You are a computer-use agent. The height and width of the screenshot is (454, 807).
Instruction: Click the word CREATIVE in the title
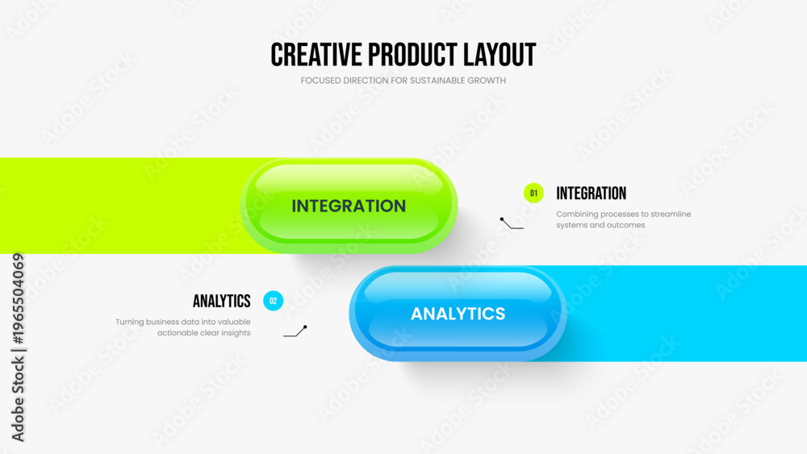pos(316,55)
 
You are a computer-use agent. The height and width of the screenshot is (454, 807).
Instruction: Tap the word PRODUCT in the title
pos(412,55)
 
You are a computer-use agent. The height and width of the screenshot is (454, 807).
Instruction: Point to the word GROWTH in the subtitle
pos(487,80)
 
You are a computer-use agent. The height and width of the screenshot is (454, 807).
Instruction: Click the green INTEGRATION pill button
pos(349,205)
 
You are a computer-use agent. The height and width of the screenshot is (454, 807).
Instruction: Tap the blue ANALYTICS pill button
pos(458,313)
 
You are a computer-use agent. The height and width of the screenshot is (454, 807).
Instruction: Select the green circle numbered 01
pos(533,194)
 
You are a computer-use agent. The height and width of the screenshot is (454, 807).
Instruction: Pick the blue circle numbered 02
pos(274,301)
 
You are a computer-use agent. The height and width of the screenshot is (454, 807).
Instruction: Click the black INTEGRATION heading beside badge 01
pos(592,194)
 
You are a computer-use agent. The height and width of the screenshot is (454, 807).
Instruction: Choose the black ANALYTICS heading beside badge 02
pos(222,301)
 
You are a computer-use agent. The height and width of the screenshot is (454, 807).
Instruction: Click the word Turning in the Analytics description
pos(129,323)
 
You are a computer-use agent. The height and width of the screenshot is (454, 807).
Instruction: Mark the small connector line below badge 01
pos(511,224)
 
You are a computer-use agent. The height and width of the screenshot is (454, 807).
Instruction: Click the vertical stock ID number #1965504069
pos(18,298)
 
